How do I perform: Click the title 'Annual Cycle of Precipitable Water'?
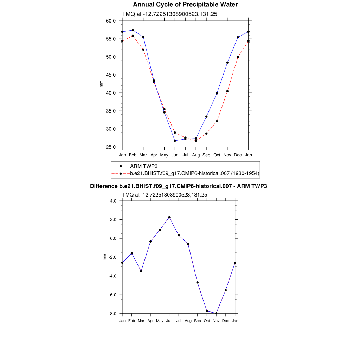coord(185,5)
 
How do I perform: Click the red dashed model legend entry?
coord(194,173)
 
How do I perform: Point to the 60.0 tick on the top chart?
coord(111,21)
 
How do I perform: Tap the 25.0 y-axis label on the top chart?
coord(111,147)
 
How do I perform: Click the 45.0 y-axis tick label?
coord(111,75)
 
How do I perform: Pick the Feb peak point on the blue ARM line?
coord(133,30)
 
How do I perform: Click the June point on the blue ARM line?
coord(175,141)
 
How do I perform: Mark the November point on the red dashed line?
coord(227,91)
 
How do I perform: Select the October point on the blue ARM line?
coord(217,93)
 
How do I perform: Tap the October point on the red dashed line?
coord(217,121)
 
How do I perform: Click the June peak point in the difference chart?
coord(169,217)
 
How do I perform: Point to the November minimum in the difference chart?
coord(216,313)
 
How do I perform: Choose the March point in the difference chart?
coord(141,271)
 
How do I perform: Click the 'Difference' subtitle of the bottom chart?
coord(179,186)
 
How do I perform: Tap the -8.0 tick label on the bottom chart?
coord(113,314)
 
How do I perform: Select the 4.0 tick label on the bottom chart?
coord(113,201)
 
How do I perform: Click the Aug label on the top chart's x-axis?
coord(196,155)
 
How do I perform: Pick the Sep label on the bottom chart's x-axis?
coord(197,321)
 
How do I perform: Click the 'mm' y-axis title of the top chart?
coord(101,84)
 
